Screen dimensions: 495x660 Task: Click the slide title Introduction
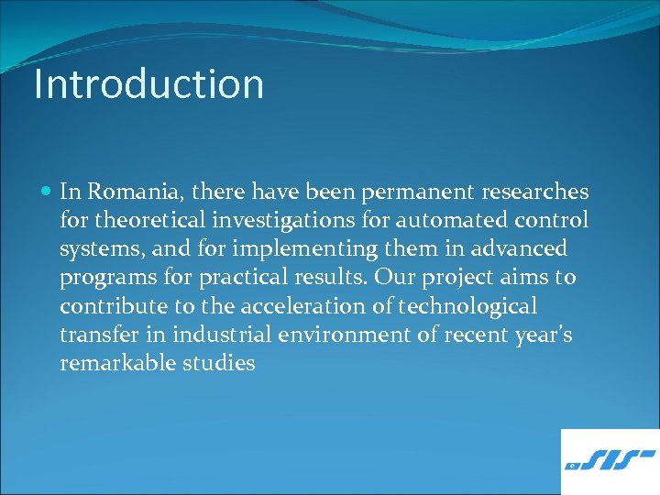(148, 83)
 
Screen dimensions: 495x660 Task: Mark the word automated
(440, 221)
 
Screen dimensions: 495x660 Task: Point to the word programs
(102, 278)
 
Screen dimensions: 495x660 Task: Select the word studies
(218, 363)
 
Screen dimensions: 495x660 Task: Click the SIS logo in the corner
(610, 461)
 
